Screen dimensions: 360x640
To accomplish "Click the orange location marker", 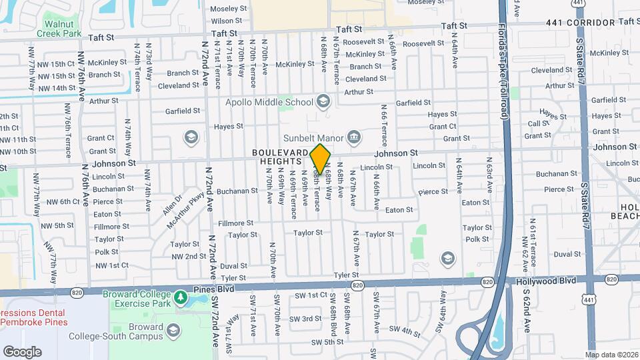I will [x=321, y=159].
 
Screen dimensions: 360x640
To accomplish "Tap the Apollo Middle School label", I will [x=269, y=102].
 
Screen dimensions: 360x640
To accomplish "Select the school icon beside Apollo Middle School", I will [x=323, y=101].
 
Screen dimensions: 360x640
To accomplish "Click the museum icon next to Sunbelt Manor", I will [x=354, y=138].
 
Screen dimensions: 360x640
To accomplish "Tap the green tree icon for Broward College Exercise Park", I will [x=180, y=297].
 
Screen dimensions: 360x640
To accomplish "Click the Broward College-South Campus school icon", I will [x=173, y=330].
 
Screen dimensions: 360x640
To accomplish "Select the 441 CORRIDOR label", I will [x=580, y=23].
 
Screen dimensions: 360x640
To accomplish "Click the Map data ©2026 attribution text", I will [x=611, y=355].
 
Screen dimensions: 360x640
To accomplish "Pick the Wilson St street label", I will [x=226, y=21].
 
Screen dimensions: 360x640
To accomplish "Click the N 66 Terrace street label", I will [x=384, y=125].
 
